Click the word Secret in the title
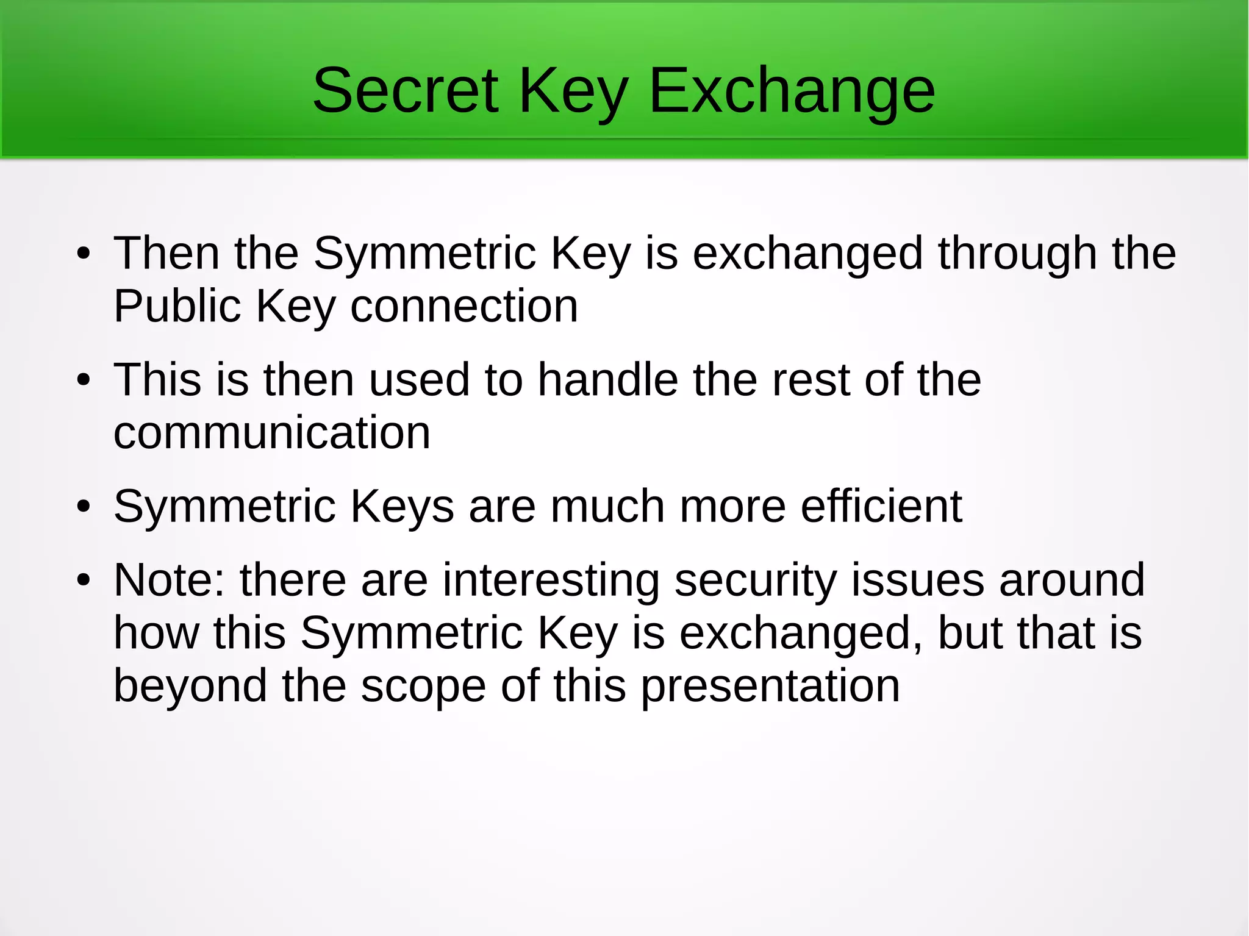406,91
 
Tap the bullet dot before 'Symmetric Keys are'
84,507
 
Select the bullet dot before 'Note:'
84,581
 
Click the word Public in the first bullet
177,306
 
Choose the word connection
463,306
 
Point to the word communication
272,432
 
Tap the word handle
607,380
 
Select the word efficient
881,506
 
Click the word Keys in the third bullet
402,507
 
